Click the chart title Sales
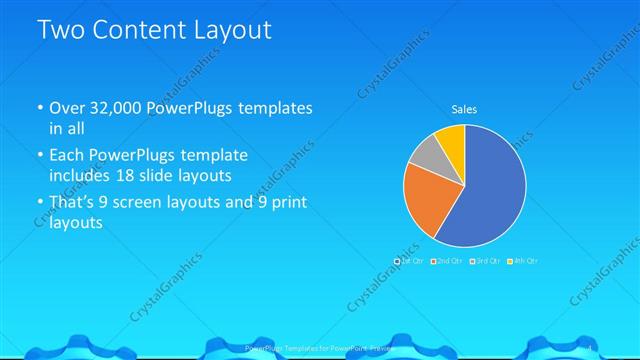click(x=464, y=109)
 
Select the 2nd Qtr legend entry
click(x=449, y=261)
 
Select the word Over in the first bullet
click(x=67, y=109)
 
